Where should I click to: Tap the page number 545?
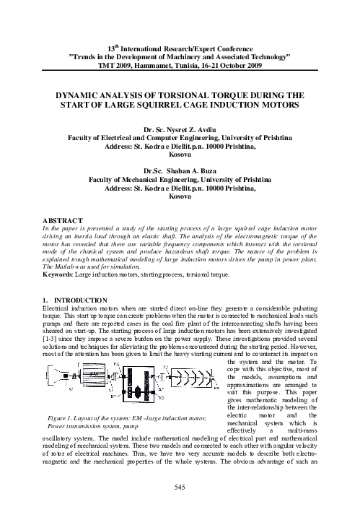point(180,489)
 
